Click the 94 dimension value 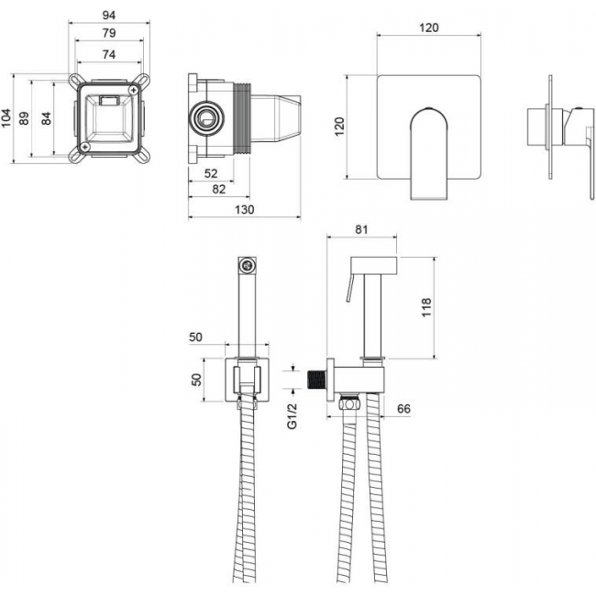click(109, 16)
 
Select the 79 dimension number click(109, 33)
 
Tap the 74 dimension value click(109, 55)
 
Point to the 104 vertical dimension click(6, 118)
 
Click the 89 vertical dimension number click(24, 118)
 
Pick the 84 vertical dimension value click(46, 118)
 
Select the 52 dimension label click(211, 173)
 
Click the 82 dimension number click(218, 189)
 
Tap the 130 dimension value click(244, 209)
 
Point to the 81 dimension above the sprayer click(361, 229)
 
